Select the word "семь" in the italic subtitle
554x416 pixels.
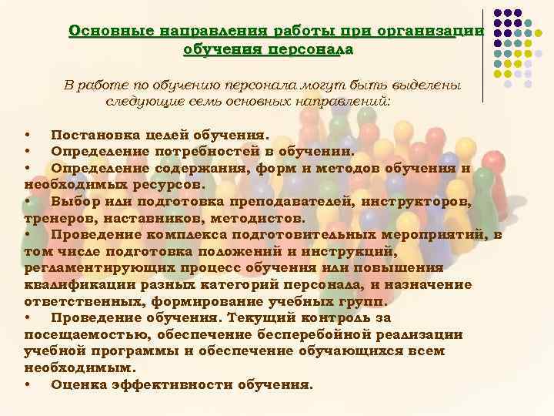click(231, 101)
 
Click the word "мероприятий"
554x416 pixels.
click(432, 234)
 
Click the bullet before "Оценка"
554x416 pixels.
click(28, 384)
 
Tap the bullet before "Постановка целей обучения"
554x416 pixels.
click(28, 136)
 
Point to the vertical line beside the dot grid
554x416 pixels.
click(483, 54)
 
